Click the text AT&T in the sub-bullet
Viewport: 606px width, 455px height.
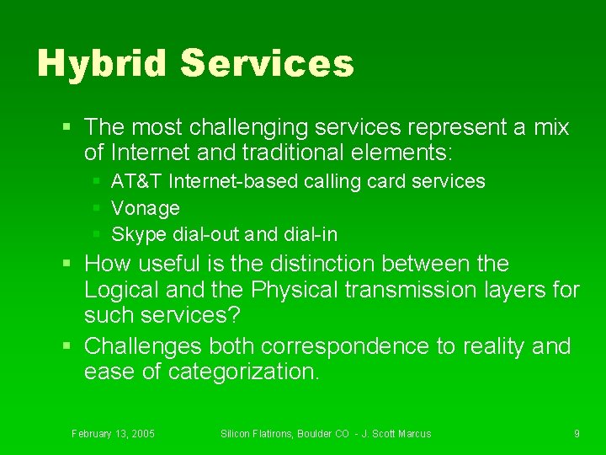137,181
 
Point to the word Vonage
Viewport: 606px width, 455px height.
146,207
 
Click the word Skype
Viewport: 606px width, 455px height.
136,233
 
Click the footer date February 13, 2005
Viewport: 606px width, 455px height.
113,433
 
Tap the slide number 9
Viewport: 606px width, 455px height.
577,433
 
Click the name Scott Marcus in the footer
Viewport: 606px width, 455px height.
400,433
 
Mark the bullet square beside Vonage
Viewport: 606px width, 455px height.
97,207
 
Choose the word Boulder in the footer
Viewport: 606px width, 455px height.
309,433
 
